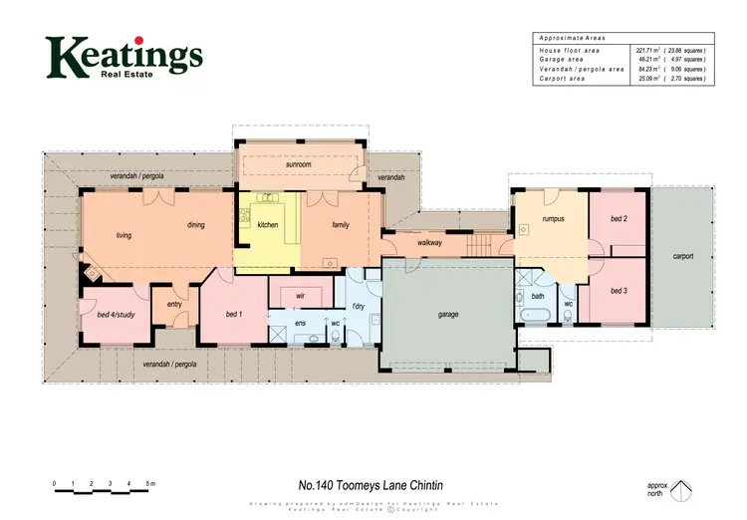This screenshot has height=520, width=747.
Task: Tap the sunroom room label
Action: (300, 164)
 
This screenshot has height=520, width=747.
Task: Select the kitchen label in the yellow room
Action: (268, 225)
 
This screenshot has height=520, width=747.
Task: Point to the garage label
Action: (448, 314)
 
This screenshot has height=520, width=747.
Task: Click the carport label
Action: (683, 256)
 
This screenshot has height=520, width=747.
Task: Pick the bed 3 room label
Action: (618, 290)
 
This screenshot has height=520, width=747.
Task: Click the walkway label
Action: (429, 242)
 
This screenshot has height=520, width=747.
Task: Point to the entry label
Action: (175, 305)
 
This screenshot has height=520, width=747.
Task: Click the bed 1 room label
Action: (234, 315)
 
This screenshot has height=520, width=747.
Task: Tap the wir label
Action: (300, 296)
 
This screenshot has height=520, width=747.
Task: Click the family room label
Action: (341, 225)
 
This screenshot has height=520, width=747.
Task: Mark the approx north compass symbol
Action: (681, 490)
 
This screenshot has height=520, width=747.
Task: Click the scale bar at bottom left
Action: (104, 490)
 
